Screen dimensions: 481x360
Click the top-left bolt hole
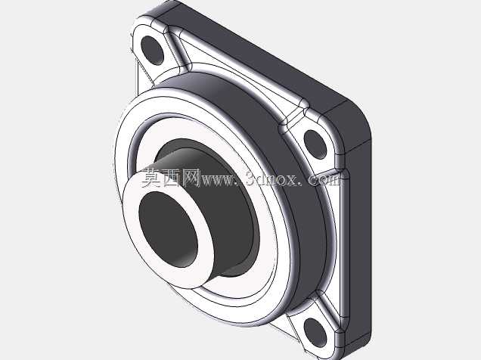point(153,50)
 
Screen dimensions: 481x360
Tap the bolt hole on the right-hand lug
point(315,144)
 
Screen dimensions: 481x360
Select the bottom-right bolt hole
point(315,333)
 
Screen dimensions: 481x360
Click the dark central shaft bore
point(168,229)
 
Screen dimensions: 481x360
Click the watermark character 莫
point(152,178)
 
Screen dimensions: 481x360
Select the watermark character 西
point(171,178)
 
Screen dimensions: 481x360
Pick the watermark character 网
point(191,178)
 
